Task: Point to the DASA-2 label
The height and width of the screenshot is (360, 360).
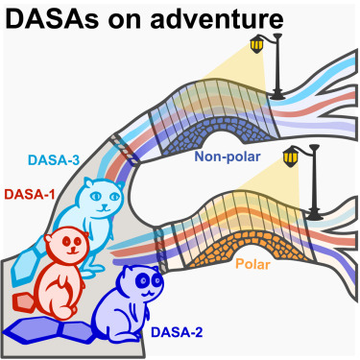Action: [177, 333]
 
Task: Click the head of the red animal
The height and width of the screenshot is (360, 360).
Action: [68, 246]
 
